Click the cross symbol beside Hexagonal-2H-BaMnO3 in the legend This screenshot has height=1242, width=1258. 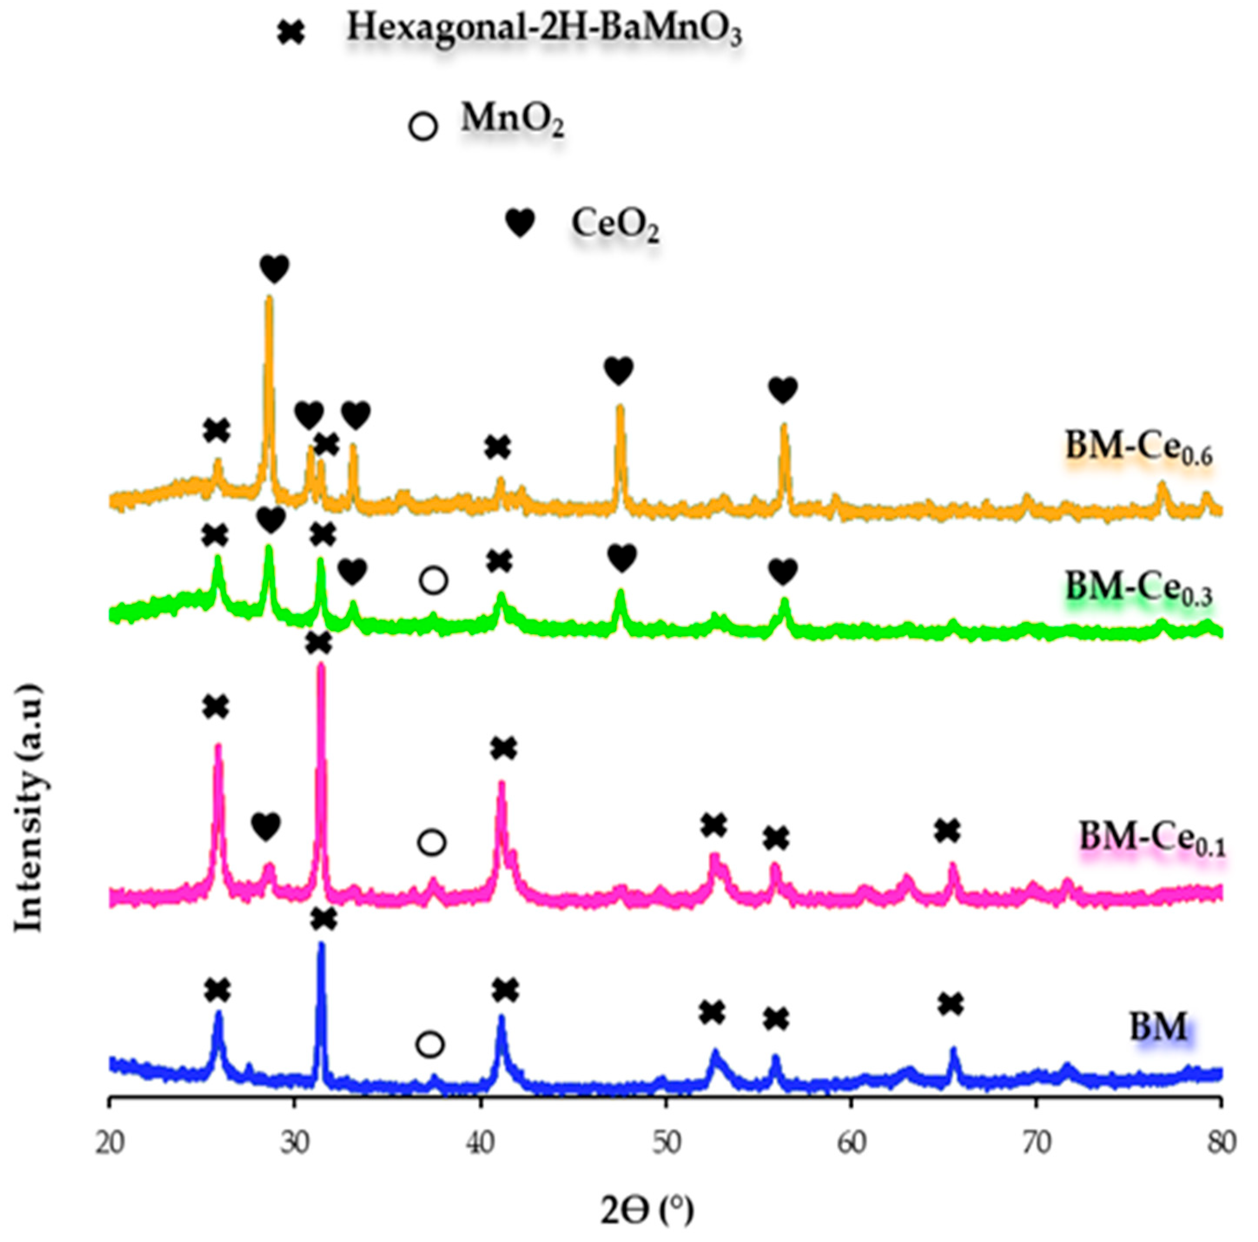291,33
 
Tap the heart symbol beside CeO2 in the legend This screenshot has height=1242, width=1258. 520,223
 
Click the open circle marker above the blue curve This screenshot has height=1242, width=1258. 430,1044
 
